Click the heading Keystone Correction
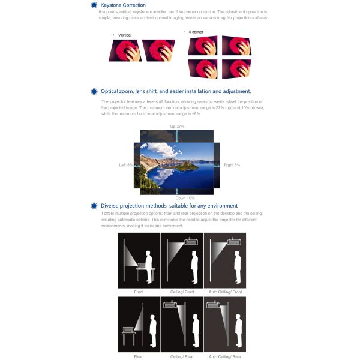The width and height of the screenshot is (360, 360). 123,5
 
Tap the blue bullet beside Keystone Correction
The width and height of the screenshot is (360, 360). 94,5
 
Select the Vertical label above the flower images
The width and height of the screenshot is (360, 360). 125,35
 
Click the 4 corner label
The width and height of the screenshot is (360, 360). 196,32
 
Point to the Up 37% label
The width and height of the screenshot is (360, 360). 177,126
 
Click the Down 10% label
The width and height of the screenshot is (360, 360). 185,198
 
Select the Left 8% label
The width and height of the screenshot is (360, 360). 126,165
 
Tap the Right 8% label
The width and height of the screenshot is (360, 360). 232,165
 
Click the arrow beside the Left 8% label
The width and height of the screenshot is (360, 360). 137,166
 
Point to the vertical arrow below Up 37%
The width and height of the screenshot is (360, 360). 177,136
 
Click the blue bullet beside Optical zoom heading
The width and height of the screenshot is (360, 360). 94,91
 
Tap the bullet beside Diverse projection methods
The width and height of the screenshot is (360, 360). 94,206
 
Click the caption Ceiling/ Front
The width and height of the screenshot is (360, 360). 182,292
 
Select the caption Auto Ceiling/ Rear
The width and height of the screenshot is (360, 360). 225,356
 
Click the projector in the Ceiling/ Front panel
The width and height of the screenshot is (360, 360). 191,241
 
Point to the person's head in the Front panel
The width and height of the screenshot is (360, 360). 148,254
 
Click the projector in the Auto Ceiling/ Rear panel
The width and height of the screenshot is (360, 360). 213,304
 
